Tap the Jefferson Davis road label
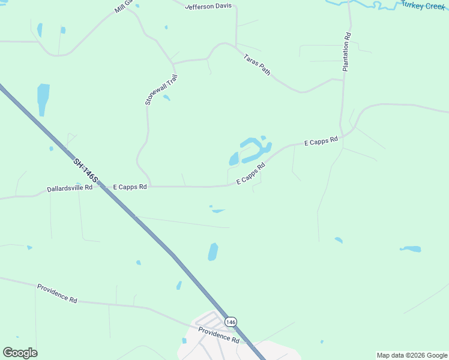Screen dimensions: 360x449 tap(208, 7)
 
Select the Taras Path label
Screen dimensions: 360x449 tap(257, 65)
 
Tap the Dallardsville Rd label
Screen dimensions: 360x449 tap(70, 188)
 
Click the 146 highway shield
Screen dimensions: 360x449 tap(231, 322)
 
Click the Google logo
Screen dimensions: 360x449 tap(20, 353)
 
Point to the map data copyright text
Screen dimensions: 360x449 tap(412, 355)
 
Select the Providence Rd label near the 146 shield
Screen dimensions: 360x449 tap(219, 335)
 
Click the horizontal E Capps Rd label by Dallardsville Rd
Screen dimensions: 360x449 tap(130, 187)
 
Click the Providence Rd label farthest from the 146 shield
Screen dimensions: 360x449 tap(57, 293)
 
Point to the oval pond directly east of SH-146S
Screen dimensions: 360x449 tap(212, 251)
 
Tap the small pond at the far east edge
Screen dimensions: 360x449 tap(412, 248)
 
